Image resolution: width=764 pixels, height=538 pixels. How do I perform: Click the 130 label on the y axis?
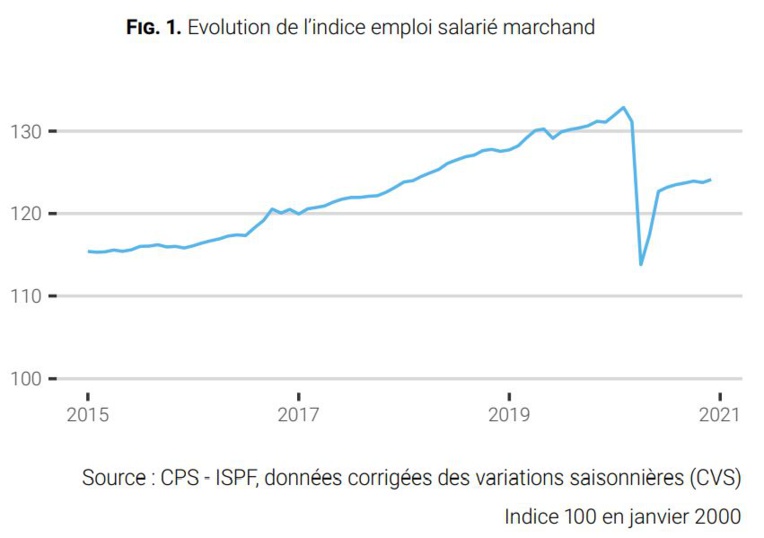[x=24, y=132]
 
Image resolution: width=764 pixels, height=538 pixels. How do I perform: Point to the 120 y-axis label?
[x=24, y=214]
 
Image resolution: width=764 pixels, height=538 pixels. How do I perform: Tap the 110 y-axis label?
[x=24, y=296]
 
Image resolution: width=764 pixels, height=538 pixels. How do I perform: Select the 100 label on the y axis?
[x=24, y=379]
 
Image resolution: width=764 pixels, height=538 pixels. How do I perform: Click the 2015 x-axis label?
[x=87, y=413]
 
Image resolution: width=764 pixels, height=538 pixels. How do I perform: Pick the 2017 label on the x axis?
[x=297, y=413]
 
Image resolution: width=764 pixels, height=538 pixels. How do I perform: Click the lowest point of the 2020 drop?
[x=641, y=265]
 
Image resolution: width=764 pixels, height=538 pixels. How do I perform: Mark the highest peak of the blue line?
[x=624, y=107]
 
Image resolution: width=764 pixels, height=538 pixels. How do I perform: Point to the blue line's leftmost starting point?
[x=88, y=251]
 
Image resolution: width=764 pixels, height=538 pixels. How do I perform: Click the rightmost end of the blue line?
[x=710, y=180]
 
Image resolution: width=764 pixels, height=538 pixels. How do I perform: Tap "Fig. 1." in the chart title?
[x=154, y=28]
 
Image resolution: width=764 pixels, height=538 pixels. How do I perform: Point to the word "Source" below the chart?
[x=114, y=478]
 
